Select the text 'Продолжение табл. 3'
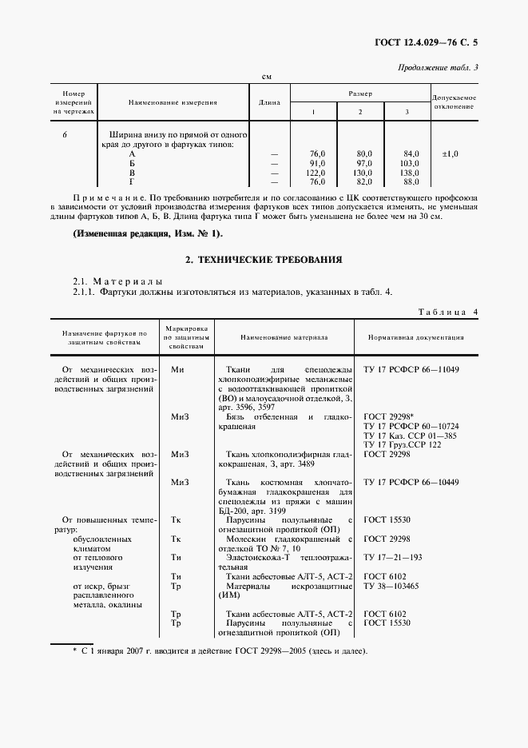438,67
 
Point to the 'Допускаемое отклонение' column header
455,102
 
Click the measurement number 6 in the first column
65,134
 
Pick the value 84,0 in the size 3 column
411,153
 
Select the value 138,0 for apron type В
411,172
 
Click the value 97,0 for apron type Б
364,162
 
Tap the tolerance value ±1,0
450,153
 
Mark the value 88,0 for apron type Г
411,181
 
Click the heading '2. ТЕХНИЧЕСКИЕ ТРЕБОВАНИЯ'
264,260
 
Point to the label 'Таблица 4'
448,312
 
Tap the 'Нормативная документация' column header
415,337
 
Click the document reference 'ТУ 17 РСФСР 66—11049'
412,370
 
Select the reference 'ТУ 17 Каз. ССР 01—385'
410,436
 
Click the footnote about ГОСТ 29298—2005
220,652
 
